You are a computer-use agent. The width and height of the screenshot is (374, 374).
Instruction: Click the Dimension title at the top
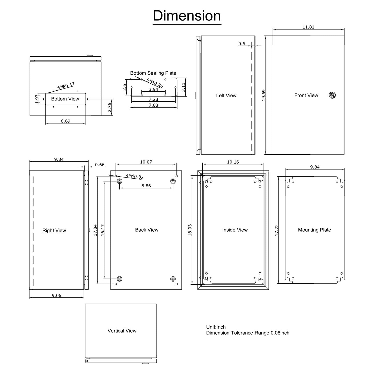187,16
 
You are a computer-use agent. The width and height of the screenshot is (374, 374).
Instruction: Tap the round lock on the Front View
332,95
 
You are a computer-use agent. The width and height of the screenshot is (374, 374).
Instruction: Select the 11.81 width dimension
308,27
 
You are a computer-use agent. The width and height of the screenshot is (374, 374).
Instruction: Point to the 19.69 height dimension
263,95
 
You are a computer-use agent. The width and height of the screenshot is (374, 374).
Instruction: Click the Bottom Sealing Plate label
153,73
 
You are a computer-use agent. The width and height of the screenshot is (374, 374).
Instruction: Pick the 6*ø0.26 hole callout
155,83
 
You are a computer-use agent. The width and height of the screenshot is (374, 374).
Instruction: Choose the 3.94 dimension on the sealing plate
153,89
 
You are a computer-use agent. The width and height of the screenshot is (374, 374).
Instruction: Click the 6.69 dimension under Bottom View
65,121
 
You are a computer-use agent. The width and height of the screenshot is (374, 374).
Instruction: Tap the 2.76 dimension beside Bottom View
109,107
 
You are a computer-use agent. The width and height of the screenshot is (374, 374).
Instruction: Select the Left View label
226,96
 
